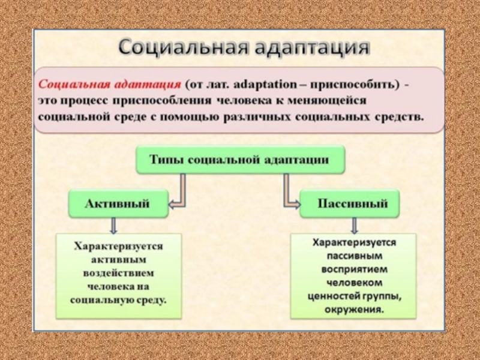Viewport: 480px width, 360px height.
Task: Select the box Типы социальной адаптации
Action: point(241,160)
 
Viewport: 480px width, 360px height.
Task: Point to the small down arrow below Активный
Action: point(114,226)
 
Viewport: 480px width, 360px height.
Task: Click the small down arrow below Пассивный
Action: point(354,226)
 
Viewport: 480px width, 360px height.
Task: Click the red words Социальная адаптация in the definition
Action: point(110,83)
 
